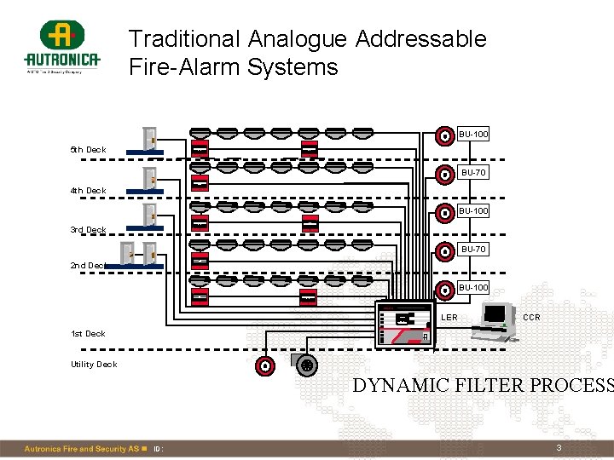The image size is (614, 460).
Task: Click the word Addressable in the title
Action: click(x=421, y=39)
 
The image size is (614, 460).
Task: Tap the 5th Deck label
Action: click(x=88, y=150)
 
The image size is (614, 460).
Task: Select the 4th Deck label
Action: click(x=88, y=191)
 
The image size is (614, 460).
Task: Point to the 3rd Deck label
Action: click(x=88, y=230)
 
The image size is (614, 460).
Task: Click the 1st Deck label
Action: click(x=88, y=334)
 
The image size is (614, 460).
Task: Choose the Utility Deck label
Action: click(x=94, y=365)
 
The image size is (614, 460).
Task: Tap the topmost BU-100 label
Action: click(x=473, y=135)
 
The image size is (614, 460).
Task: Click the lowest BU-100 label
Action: click(x=473, y=288)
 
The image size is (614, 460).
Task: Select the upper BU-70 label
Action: click(x=473, y=173)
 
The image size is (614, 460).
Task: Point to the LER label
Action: click(x=449, y=318)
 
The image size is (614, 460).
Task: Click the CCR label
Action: click(x=531, y=318)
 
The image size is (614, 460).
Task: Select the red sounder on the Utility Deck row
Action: click(x=266, y=366)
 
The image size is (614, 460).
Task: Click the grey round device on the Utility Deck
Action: click(x=308, y=365)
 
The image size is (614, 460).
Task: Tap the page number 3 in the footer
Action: click(x=559, y=448)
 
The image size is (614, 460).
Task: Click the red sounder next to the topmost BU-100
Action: click(x=444, y=135)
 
